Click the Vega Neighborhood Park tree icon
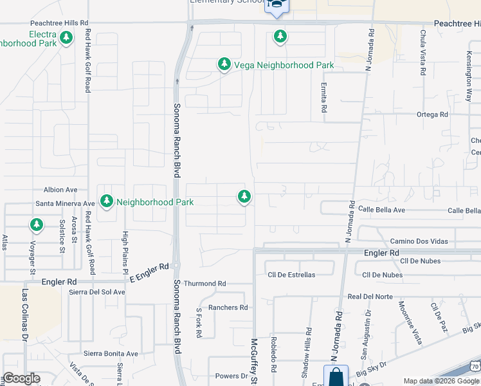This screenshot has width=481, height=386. tap(224, 64)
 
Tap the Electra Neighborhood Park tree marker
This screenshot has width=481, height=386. tap(66, 39)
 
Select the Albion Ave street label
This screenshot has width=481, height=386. tap(60, 190)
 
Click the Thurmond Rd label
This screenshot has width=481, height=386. tap(205, 283)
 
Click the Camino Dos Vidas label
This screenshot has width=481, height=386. tap(419, 241)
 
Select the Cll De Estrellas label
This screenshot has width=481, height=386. tap(291, 275)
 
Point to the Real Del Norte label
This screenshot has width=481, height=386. tap(370, 297)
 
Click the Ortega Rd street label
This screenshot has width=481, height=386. tap(431, 115)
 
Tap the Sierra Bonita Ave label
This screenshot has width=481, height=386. tap(111, 354)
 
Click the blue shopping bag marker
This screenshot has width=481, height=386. tap(336, 377)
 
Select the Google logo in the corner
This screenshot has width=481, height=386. tap(21, 378)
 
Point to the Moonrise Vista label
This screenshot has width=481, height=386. tap(410, 322)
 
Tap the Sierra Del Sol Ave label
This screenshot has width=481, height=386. tap(97, 291)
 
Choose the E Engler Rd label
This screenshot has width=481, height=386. tap(149, 266)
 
